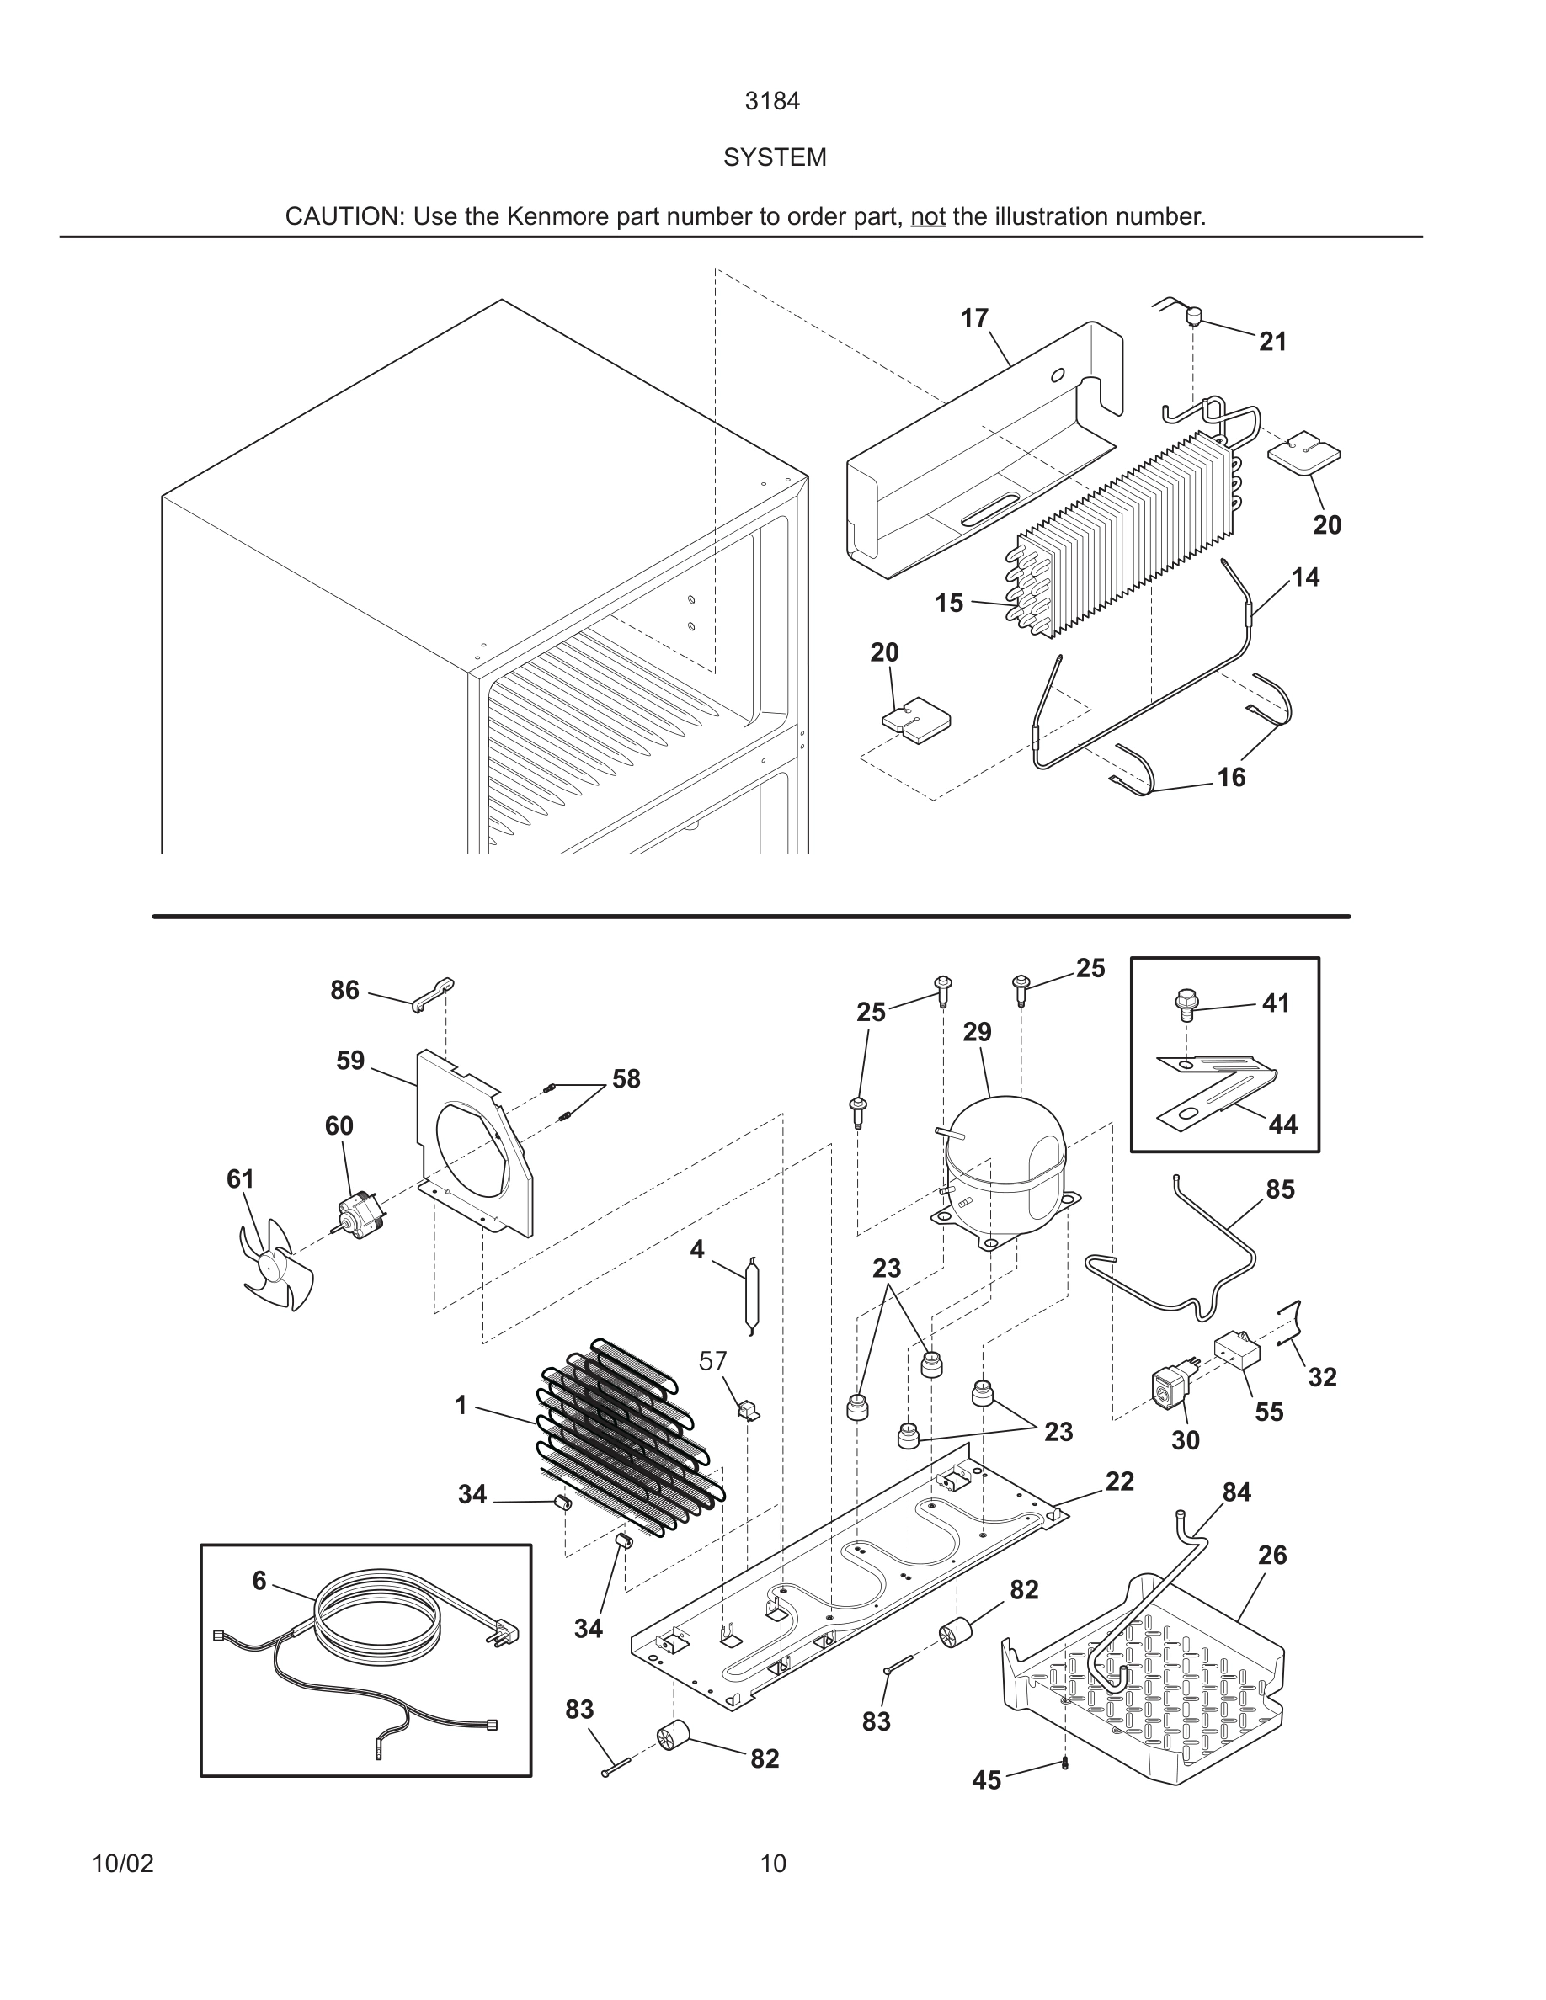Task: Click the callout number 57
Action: point(712,1361)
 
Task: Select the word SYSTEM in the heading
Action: point(774,157)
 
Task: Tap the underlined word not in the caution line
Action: point(927,217)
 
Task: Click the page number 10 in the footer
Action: point(772,1864)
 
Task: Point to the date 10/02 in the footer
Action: point(123,1864)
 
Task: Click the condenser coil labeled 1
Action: point(632,1438)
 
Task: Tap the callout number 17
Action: point(973,318)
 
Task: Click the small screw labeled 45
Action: point(1064,1763)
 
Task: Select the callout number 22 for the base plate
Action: point(1119,1481)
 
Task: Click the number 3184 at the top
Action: point(772,102)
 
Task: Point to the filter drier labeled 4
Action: point(751,1295)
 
